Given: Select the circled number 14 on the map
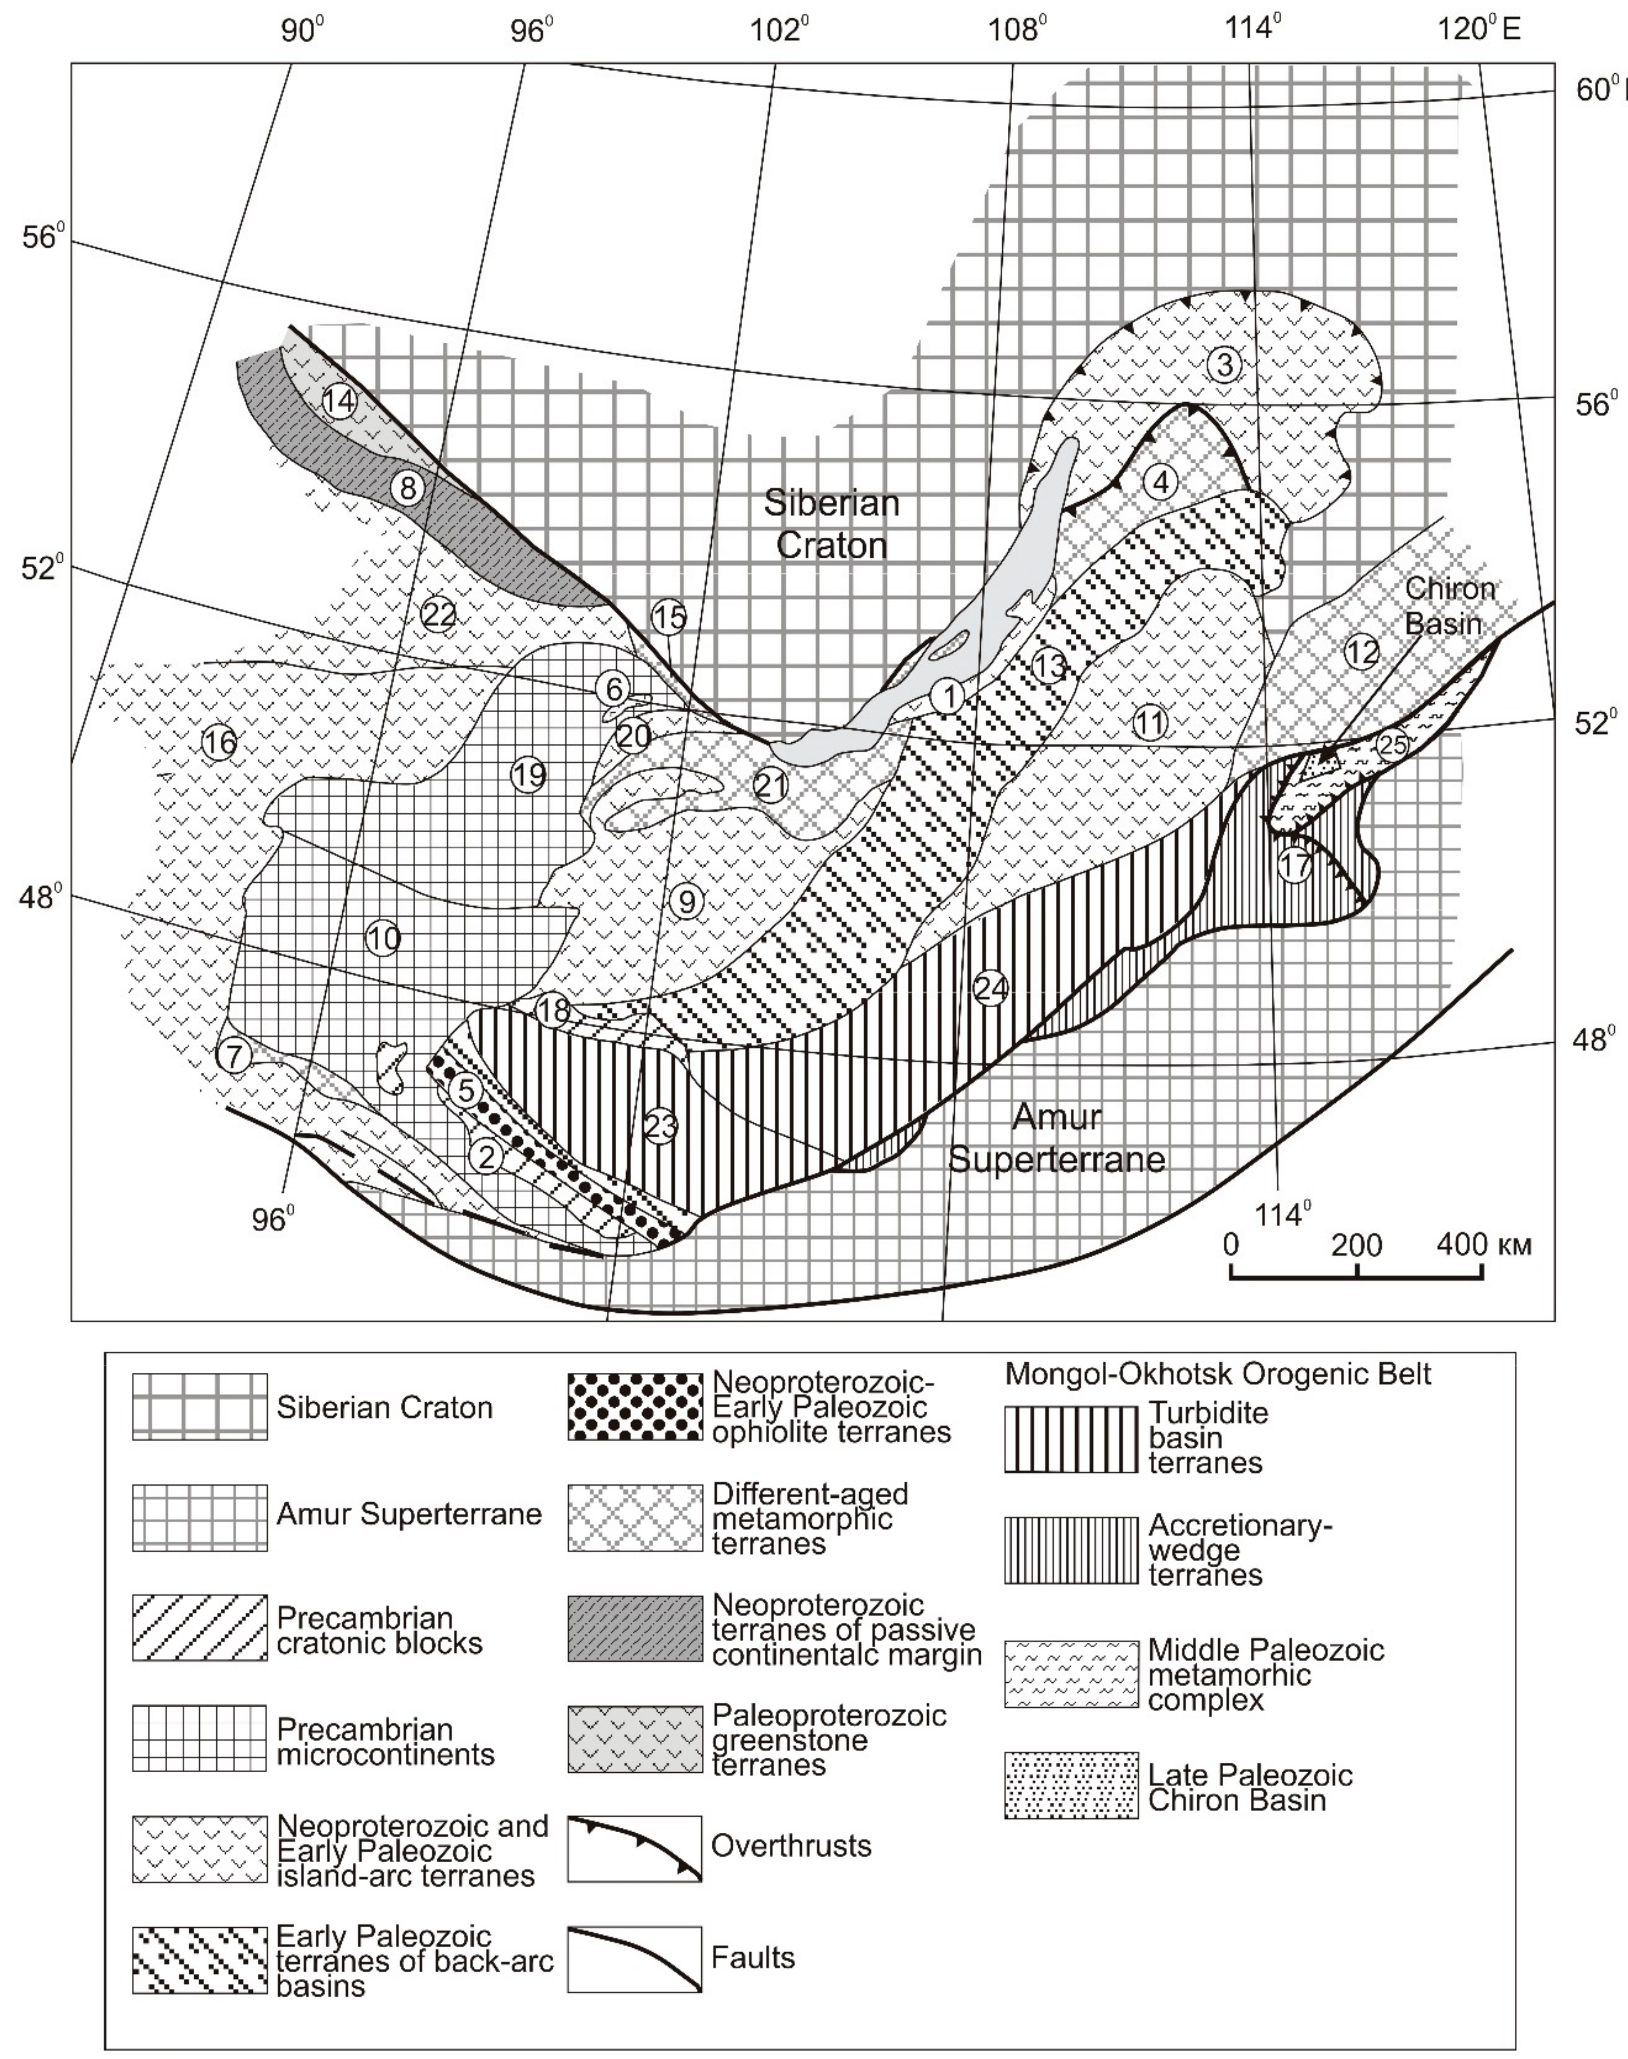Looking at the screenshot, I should pyautogui.click(x=338, y=401).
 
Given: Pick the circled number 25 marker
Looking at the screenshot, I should pyautogui.click(x=1392, y=745).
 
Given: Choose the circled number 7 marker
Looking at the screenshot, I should pyautogui.click(x=235, y=1055).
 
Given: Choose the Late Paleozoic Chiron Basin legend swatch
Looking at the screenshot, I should pyautogui.click(x=1070, y=1785).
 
